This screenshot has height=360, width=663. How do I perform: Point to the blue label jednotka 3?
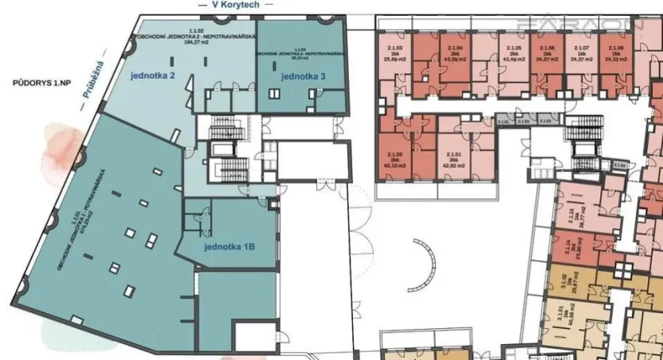click(x=303, y=76)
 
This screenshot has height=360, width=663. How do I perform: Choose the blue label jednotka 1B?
click(x=229, y=247)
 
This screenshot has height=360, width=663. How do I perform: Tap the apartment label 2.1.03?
click(x=394, y=49)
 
